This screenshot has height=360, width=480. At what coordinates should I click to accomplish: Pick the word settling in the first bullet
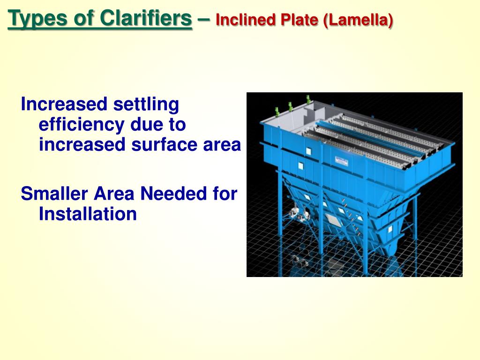click(x=146, y=104)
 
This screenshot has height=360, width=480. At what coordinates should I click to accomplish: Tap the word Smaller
click(x=54, y=193)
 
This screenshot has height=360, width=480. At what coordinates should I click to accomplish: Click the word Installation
click(x=88, y=214)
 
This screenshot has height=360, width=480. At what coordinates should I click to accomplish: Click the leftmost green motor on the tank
click(x=277, y=112)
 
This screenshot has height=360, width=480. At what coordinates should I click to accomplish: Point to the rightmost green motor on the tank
click(x=308, y=99)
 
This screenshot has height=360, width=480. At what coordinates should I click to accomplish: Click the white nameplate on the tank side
click(x=341, y=161)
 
